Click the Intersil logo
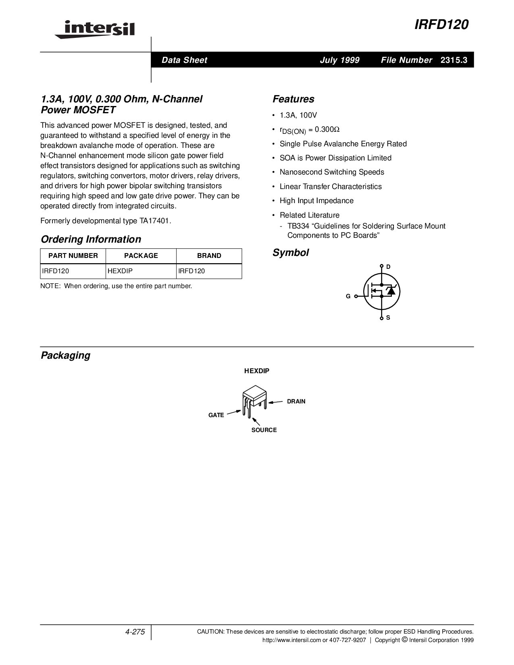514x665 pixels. point(95,29)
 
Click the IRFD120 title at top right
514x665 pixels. point(441,25)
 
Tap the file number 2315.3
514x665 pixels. point(454,60)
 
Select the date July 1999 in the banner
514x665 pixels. point(339,60)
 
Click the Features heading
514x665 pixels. point(293,99)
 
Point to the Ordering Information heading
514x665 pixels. point(91,239)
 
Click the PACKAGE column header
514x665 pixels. point(141,256)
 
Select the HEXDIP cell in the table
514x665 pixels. point(120,271)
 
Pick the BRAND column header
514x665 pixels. point(209,256)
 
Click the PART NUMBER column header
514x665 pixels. point(73,256)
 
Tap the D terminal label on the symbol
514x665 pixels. point(388,267)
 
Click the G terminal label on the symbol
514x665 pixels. point(348,296)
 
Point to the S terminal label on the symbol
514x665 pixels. point(388,318)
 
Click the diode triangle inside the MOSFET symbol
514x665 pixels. point(390,291)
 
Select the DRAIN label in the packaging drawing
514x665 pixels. point(296,401)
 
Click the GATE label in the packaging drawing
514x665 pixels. point(216,415)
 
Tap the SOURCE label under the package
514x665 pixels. point(264,430)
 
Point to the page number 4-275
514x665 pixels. point(135,632)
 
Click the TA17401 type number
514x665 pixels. point(154,221)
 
